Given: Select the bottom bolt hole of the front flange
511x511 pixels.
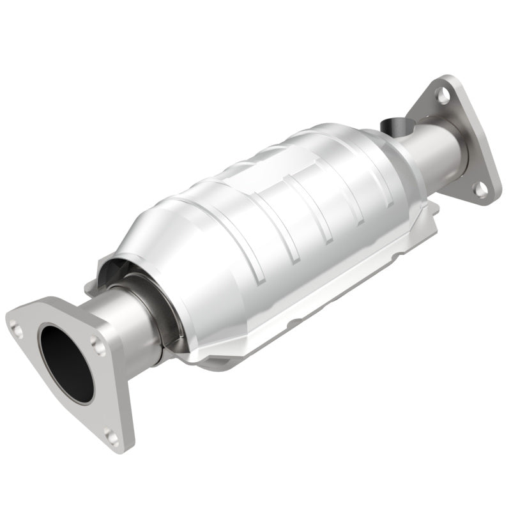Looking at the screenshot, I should tap(112, 436).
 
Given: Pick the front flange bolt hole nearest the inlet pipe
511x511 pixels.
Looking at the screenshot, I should tap(97, 345).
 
